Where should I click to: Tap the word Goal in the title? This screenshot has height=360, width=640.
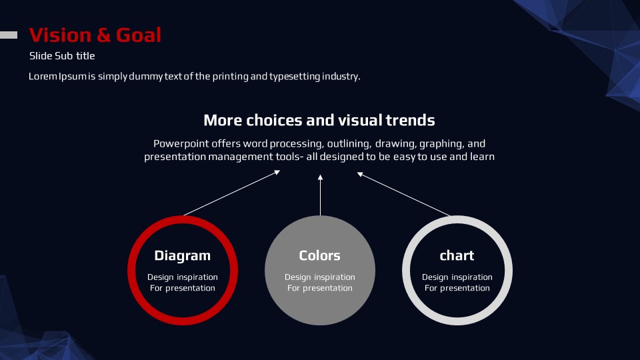coord(139,35)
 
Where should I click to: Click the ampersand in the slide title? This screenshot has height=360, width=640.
coord(104,35)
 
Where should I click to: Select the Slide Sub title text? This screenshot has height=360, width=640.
coord(62,56)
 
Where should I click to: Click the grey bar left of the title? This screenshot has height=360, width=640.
coord(9,35)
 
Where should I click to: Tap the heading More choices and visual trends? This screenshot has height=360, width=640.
coord(319,120)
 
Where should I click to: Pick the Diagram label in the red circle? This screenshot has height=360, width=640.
coord(183,255)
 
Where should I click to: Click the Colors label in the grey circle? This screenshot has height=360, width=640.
coord(319,255)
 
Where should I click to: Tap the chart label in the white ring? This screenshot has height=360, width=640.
coord(457,255)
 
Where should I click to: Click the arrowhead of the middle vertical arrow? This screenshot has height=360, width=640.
coord(321,177)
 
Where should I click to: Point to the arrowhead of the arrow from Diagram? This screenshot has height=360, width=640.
coord(277,173)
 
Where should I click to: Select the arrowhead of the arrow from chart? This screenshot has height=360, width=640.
coord(360,174)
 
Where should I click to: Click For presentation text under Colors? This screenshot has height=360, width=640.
coord(319,288)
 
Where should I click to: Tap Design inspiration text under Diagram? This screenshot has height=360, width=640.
coord(183,277)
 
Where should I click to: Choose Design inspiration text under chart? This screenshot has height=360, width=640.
coord(457,277)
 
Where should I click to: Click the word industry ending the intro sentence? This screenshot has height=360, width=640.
coord(341,76)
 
